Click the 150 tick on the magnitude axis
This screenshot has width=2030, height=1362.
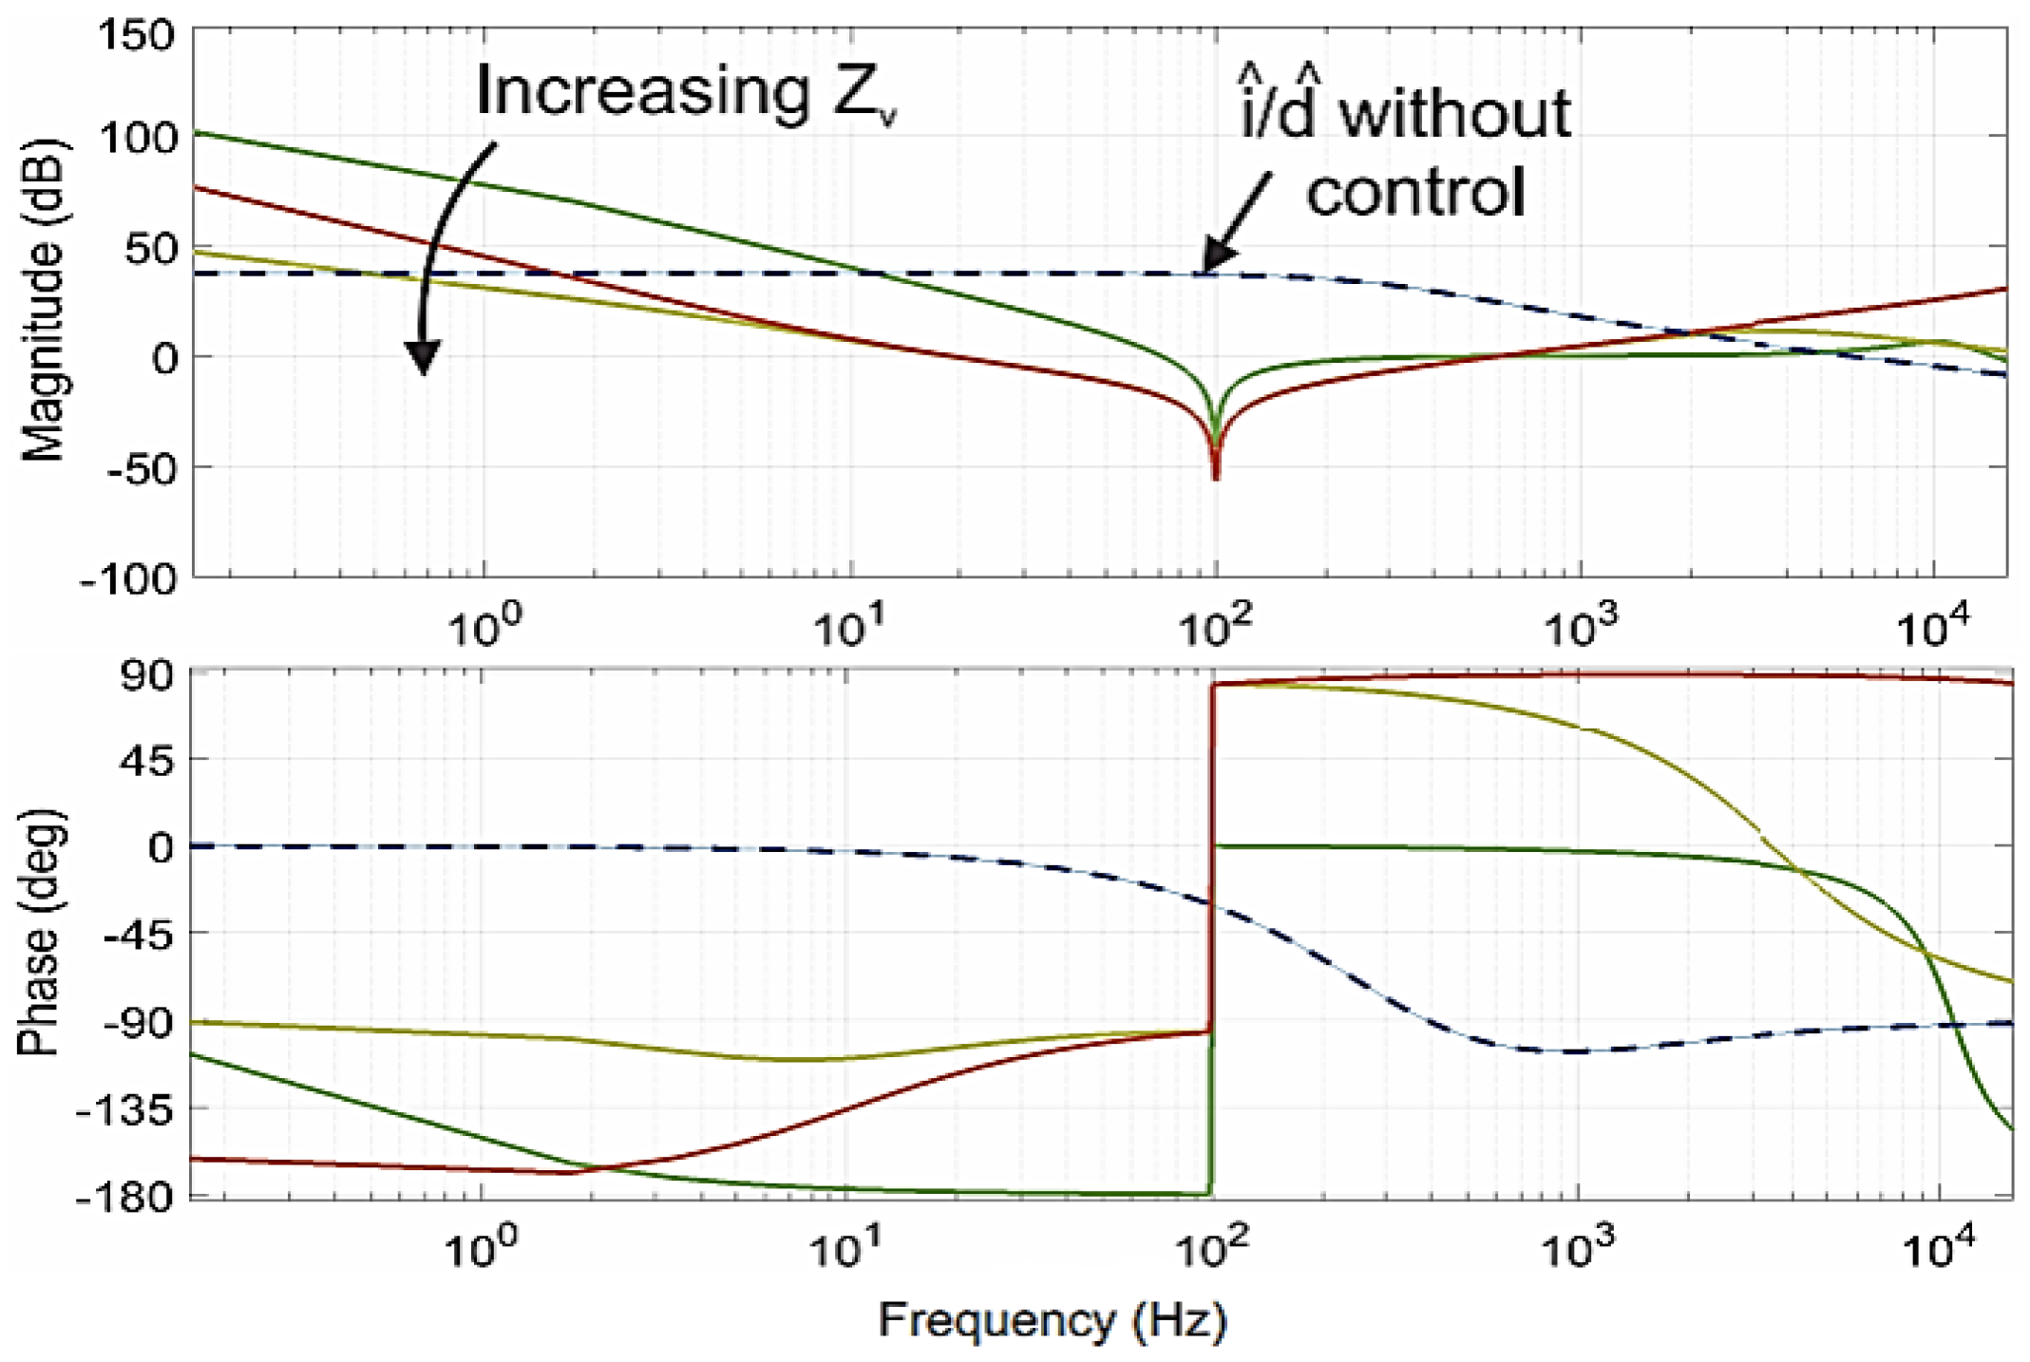(x=137, y=36)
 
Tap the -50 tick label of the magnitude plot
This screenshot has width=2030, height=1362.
(x=141, y=468)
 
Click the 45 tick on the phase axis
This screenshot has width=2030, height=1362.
(x=147, y=760)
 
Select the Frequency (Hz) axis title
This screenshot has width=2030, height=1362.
(x=1052, y=1320)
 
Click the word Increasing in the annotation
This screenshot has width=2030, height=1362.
(x=642, y=91)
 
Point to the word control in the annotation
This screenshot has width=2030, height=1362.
(x=1415, y=192)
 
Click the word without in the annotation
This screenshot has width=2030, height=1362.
(x=1455, y=114)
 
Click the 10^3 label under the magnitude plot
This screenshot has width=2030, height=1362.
(x=1581, y=627)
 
